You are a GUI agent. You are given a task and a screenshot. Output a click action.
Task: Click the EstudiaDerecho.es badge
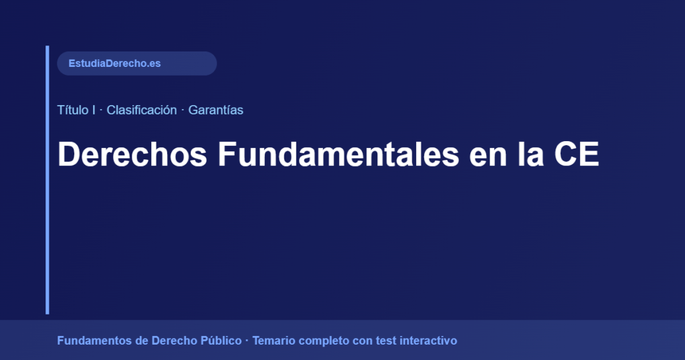point(136,64)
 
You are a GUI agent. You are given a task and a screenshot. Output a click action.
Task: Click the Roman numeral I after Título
point(93,110)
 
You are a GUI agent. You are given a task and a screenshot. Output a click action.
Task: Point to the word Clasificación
point(141,110)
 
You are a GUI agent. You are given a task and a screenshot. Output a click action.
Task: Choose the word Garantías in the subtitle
point(215,110)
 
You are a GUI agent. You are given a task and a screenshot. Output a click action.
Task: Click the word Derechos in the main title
point(132,155)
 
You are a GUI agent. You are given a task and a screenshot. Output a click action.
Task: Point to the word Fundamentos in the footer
point(94,341)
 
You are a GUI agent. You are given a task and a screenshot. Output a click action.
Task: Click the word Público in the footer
point(221,341)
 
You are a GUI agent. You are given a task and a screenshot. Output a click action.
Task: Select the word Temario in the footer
point(274,341)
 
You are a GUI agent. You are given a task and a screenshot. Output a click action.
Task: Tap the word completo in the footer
point(324,341)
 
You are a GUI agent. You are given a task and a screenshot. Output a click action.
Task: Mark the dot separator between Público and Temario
point(247,341)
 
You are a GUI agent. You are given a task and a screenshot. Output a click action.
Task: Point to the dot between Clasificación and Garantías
point(183,110)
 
